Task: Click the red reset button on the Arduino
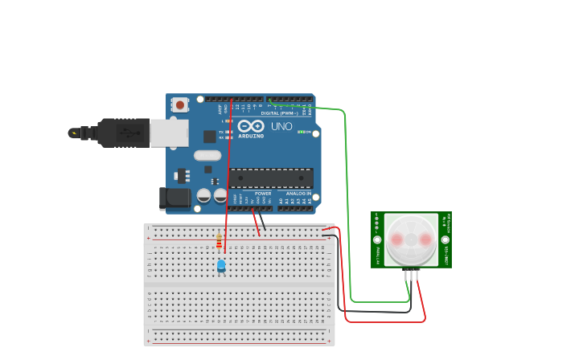point(180,104)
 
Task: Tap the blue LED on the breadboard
point(221,265)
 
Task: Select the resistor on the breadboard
point(219,241)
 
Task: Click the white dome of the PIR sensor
point(410,239)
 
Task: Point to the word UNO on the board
point(281,127)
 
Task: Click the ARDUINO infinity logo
point(250,126)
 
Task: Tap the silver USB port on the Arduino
point(169,133)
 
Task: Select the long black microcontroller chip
point(271,178)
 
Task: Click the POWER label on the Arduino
point(263,194)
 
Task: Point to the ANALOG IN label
point(298,194)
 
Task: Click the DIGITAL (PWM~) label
point(278,113)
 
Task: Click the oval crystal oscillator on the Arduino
point(207,156)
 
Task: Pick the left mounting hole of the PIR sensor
point(376,239)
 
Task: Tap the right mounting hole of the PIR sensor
point(445,239)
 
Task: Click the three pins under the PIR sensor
point(412,275)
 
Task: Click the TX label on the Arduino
point(221,132)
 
